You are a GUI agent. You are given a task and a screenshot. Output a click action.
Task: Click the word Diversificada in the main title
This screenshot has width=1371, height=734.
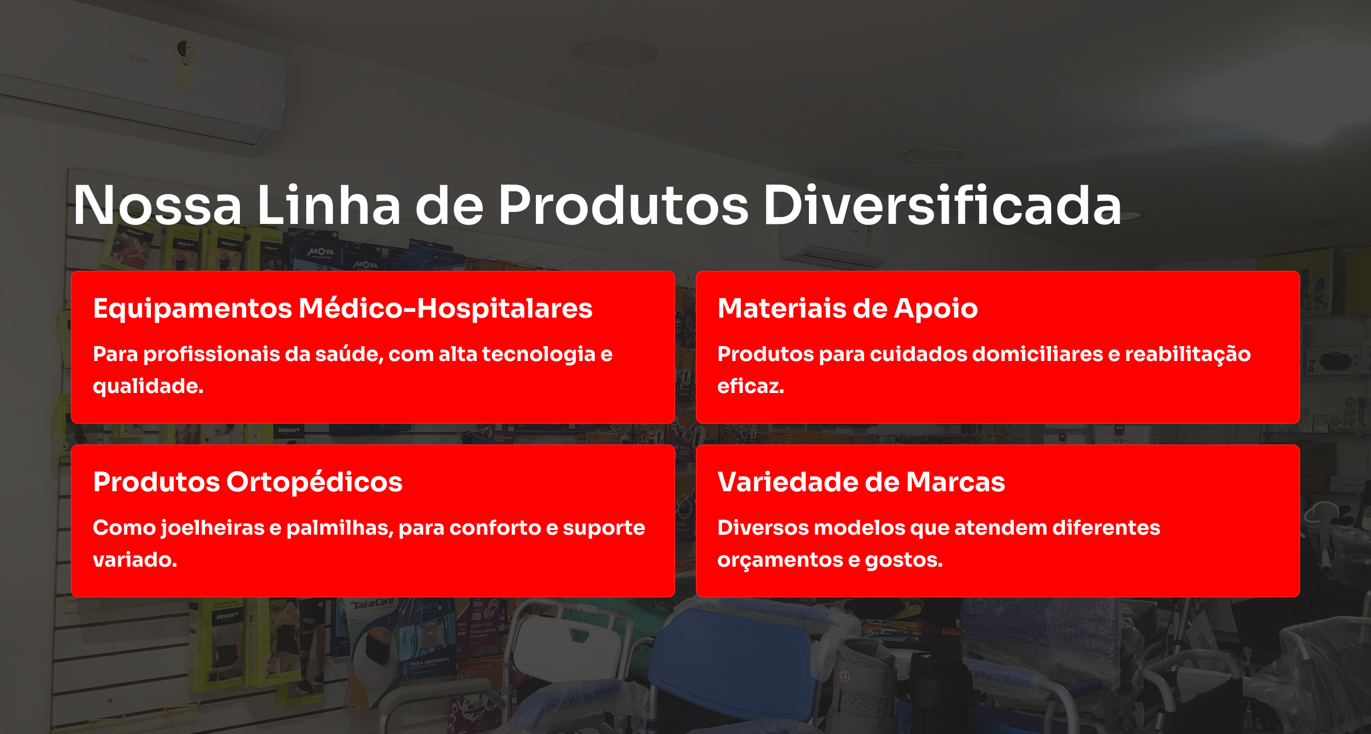[x=942, y=206]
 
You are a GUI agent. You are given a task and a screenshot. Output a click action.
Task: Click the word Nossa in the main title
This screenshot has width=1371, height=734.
[x=157, y=206]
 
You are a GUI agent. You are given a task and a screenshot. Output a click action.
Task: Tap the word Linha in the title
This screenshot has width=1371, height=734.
[x=328, y=206]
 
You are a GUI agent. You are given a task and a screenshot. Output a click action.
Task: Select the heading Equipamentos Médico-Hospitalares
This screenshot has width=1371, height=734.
[x=343, y=308]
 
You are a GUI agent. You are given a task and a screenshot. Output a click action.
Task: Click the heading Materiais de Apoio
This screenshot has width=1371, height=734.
[x=847, y=308]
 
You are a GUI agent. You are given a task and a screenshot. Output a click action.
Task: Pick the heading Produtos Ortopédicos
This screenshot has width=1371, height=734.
[x=247, y=482]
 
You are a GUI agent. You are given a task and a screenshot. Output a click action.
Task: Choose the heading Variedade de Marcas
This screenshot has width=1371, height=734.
[x=861, y=482]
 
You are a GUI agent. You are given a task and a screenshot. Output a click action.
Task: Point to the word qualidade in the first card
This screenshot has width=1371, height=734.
[x=147, y=387]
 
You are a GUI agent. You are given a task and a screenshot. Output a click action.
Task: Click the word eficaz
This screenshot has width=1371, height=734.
[x=750, y=387]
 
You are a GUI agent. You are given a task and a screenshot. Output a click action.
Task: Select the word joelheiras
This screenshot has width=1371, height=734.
[x=213, y=528]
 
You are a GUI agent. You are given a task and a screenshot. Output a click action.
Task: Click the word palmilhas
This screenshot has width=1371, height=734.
[x=339, y=528]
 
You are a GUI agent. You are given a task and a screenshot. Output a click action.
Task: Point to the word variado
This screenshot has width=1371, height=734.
[x=135, y=560]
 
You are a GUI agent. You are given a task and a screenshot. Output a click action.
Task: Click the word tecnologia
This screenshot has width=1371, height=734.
[x=538, y=354]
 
